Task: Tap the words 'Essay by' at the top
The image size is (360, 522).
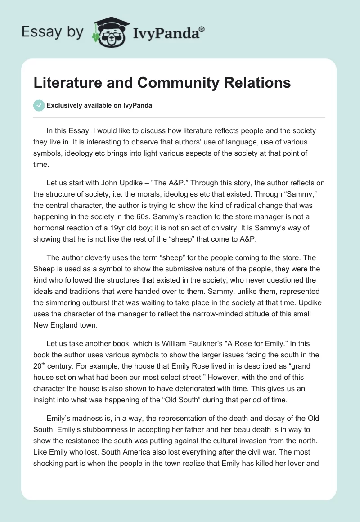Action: pos(53,32)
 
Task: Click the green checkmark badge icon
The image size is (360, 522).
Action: pos(39,105)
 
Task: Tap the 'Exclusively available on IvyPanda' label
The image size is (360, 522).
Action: pos(99,105)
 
